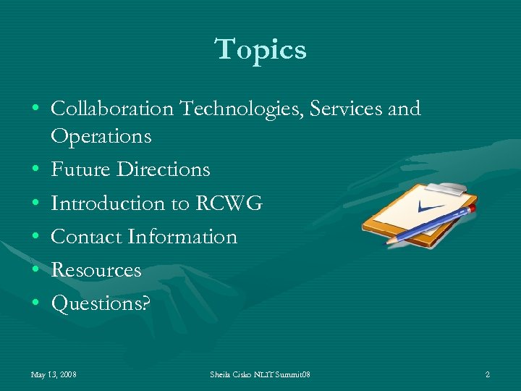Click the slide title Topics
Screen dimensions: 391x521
click(260, 50)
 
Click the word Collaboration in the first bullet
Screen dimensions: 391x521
click(112, 109)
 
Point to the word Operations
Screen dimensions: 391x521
click(101, 135)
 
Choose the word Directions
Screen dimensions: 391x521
click(163, 169)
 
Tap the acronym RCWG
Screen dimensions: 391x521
click(229, 203)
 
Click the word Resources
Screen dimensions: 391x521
click(96, 270)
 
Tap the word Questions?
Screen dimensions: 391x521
click(101, 304)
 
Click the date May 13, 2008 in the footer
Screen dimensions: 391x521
click(54, 375)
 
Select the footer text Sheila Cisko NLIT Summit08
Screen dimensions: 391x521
click(260, 375)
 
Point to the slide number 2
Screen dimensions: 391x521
click(487, 375)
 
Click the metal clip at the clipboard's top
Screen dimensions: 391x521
click(449, 188)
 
